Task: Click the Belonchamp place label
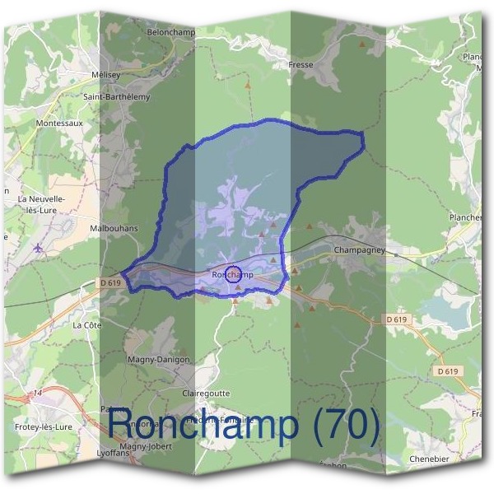(171, 32)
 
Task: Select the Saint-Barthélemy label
(117, 96)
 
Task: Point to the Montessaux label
(59, 123)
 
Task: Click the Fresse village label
(302, 64)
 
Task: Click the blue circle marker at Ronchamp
(233, 275)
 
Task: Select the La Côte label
(86, 325)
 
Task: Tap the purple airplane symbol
(38, 247)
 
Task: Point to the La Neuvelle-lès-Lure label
(40, 204)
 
